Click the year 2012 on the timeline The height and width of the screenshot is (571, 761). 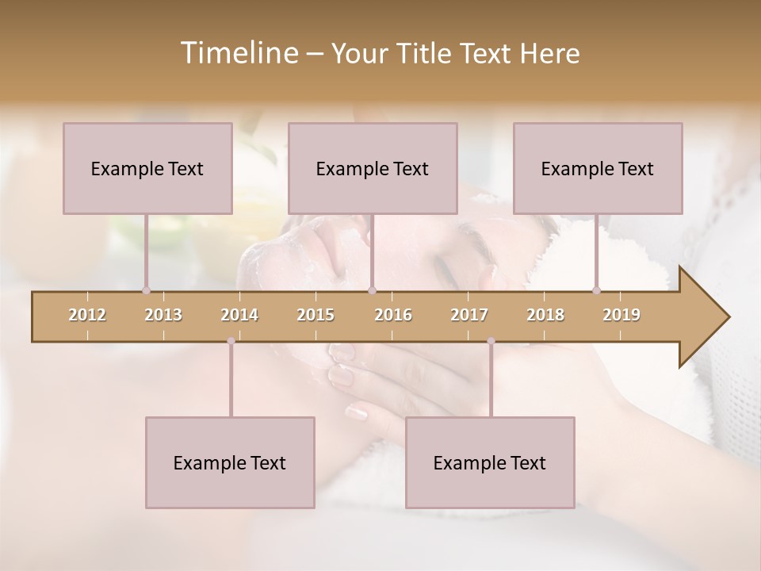[x=87, y=315]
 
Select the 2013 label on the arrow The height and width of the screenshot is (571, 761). [x=163, y=315]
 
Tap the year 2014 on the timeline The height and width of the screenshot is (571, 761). [x=239, y=315]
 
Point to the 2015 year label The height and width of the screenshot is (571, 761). [x=315, y=315]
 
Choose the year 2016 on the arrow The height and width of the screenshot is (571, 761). [x=393, y=315]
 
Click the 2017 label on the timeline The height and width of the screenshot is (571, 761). [x=469, y=315]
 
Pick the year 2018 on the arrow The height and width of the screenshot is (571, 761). [x=545, y=315]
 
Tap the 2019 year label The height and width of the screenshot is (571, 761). [x=621, y=315]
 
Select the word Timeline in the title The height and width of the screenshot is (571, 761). [x=238, y=53]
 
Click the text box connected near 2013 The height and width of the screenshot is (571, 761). [x=147, y=168]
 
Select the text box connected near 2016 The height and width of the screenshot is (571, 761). [x=373, y=168]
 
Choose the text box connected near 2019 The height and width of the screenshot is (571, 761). [x=598, y=168]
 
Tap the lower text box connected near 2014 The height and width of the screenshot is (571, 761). [x=230, y=462]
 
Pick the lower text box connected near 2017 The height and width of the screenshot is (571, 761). [x=490, y=462]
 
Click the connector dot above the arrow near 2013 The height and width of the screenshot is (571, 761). [x=146, y=290]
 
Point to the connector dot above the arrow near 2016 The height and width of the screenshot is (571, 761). [x=373, y=290]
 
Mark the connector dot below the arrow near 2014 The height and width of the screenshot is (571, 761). [x=231, y=341]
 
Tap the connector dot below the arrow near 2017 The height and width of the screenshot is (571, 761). [x=491, y=341]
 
